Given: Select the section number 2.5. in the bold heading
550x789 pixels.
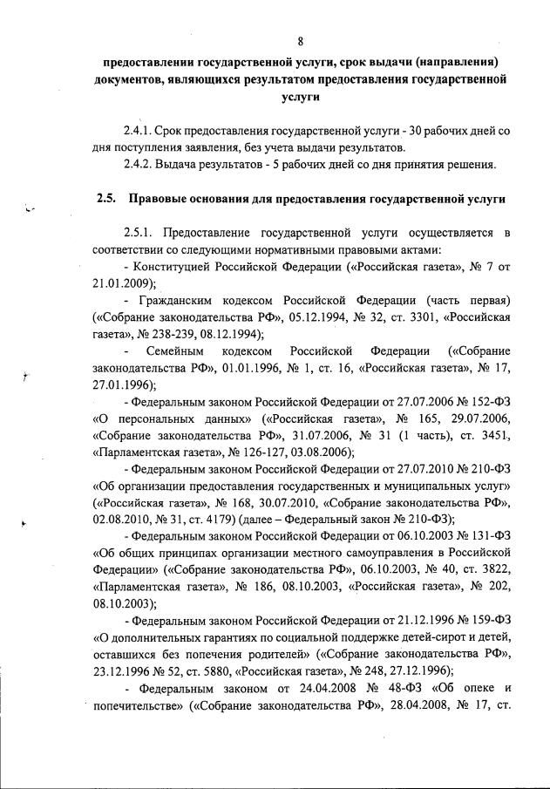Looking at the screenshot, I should point(108,199).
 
